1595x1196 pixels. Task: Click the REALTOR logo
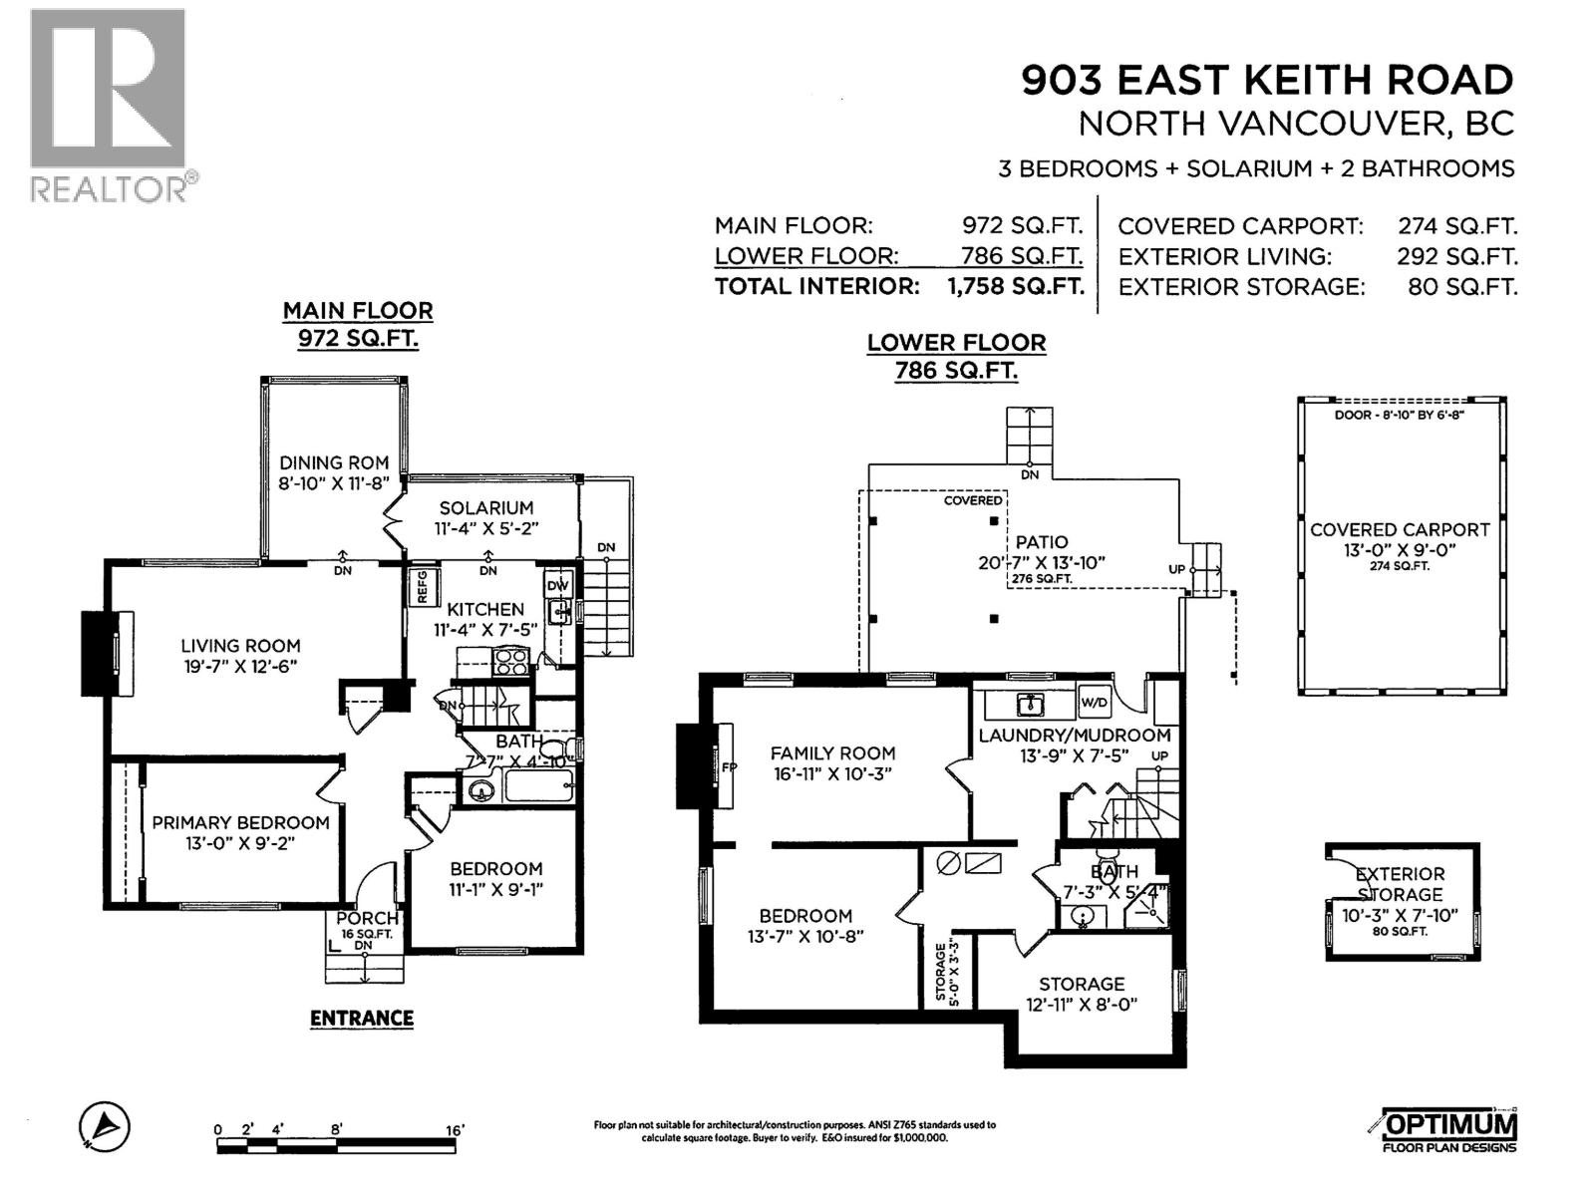point(108,105)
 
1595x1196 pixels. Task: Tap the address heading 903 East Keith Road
point(1267,80)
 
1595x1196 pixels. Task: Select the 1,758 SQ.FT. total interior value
point(1015,287)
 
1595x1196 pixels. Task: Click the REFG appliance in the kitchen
point(421,586)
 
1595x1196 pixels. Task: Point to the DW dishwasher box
point(557,585)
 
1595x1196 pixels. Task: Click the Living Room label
point(240,646)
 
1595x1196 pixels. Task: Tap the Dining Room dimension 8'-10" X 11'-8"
point(333,483)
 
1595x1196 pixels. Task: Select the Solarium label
point(486,507)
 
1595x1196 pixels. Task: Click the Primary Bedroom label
point(240,822)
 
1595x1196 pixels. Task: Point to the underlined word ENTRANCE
point(361,1018)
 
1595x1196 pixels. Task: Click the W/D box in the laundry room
point(1094,703)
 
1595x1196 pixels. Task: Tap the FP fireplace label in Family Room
point(729,767)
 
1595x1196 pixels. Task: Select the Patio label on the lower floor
point(1042,542)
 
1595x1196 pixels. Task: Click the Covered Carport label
point(1400,530)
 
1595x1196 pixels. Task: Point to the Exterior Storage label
point(1400,884)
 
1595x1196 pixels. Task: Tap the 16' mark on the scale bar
point(455,1130)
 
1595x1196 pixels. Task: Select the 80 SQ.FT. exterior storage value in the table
point(1462,287)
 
